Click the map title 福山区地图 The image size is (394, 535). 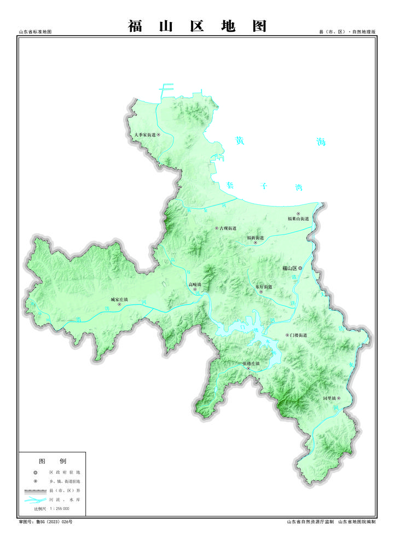coord(197,26)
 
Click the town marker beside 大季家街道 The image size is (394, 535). coord(159,134)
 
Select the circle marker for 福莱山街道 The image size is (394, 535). coord(298,214)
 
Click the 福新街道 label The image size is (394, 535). coord(255,238)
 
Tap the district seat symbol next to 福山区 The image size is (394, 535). coord(300,268)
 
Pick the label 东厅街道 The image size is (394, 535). coord(263,286)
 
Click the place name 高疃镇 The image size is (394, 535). coord(195,285)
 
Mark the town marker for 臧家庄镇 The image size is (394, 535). coord(119,304)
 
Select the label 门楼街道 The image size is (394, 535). coord(299,335)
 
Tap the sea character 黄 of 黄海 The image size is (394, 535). coord(239,141)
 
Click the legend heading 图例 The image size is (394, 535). coord(52,461)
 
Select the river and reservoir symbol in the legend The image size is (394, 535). coord(35,500)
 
